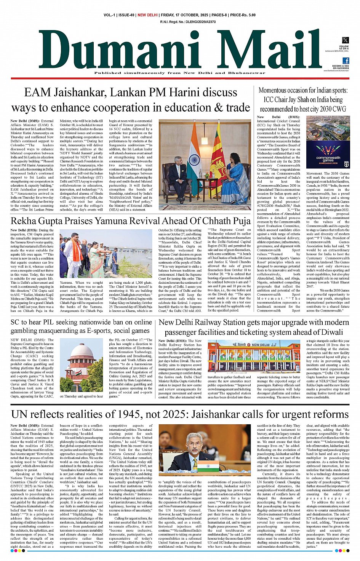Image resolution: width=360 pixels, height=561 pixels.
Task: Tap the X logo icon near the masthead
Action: point(345,40)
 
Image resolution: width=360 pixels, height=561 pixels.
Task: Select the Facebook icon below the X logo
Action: point(346,61)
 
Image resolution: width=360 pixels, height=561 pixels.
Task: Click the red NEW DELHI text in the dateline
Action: point(147,15)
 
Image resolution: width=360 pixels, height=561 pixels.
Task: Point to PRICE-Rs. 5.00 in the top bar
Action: point(243,15)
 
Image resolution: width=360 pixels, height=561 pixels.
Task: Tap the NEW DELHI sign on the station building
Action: point(261,345)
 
